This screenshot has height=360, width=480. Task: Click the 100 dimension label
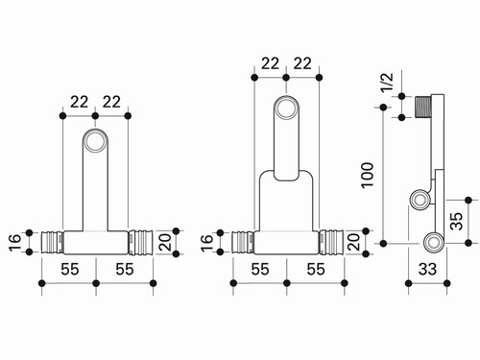coord(368,175)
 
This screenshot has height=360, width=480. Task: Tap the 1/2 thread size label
coord(387,83)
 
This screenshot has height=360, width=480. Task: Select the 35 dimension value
coord(456,221)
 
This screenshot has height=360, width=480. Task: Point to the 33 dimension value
coord(427,269)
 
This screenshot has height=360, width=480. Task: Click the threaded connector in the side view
coord(423,107)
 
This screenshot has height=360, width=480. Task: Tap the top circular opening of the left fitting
coord(95,141)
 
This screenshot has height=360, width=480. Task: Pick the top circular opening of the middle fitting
coord(286,108)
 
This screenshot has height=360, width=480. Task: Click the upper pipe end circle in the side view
coord(420,200)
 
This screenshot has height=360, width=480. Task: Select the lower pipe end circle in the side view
coord(434,242)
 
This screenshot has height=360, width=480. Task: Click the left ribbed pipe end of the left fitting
coord(53,243)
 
